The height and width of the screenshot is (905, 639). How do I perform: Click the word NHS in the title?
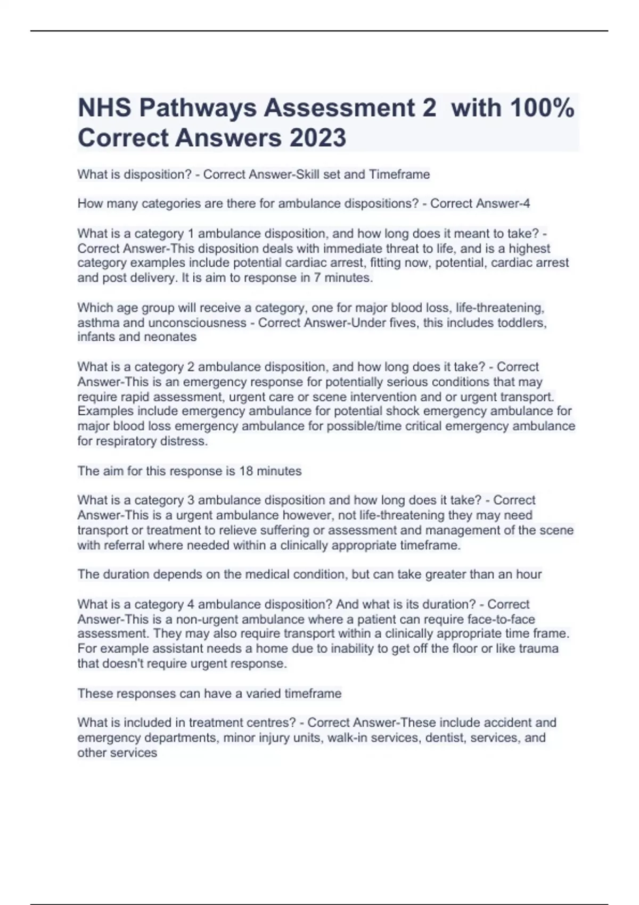pyautogui.click(x=104, y=108)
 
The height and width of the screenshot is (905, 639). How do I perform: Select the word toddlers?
pyautogui.click(x=522, y=323)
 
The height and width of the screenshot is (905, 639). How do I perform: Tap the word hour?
pyautogui.click(x=529, y=574)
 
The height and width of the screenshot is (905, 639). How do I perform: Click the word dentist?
pyautogui.click(x=444, y=738)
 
